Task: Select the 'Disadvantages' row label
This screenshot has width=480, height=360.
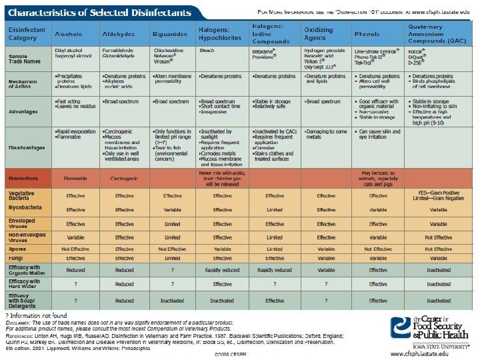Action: pos(26,148)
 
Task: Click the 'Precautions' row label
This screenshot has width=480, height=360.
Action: pos(25,179)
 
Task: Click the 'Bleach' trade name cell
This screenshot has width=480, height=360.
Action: pos(206,51)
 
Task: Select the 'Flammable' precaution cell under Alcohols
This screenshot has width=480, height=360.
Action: pos(75,179)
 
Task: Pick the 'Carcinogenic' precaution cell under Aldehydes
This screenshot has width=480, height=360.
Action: pos(124,179)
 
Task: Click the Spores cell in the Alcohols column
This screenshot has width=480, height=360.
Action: pos(75,248)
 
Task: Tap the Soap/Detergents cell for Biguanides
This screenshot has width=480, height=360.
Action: pos(172,301)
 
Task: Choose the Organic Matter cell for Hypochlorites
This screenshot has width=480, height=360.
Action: pos(223,270)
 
